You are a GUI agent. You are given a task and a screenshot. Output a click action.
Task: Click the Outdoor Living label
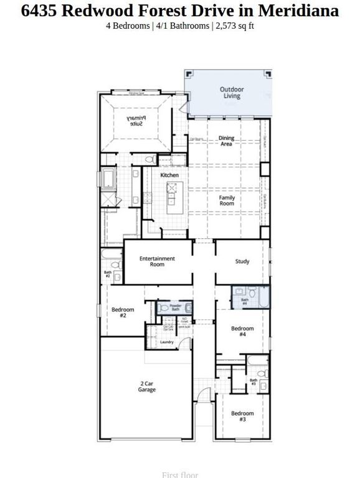232,93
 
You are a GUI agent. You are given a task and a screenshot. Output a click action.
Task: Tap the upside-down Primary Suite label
136,121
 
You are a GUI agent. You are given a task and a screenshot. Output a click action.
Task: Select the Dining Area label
225,141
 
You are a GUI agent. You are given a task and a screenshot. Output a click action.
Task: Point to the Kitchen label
169,176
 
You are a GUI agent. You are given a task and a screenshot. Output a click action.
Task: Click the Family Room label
227,201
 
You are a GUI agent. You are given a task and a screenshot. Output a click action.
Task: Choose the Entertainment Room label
157,261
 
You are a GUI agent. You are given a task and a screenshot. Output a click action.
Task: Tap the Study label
242,261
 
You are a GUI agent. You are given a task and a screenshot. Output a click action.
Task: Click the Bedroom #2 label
123,313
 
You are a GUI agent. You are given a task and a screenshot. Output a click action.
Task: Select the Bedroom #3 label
242,416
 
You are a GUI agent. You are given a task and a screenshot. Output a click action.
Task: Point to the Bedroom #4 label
242,332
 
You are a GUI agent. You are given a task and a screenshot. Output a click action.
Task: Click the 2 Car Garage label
147,387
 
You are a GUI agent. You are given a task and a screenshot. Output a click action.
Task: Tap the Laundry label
166,342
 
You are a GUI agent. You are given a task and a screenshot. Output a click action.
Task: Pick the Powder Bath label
176,307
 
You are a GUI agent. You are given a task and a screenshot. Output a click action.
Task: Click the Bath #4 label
245,302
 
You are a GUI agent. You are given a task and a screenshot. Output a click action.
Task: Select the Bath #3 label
253,382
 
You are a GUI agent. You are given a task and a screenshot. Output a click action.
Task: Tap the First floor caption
180,474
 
